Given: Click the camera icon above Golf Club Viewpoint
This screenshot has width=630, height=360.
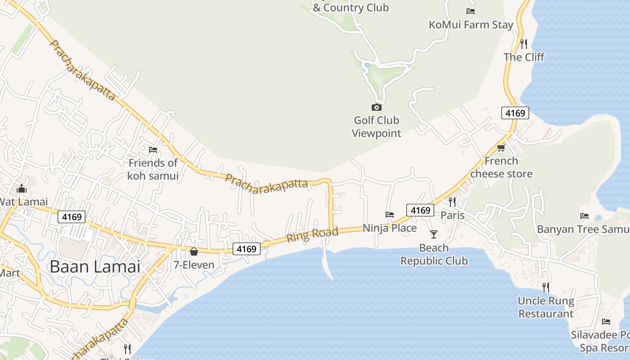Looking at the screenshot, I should tap(377, 107).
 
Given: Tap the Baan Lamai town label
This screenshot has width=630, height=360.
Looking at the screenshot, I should tap(95, 266).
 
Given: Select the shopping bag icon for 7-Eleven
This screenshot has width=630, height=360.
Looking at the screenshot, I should tap(194, 252).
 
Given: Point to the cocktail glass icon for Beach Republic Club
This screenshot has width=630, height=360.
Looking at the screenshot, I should tap(434, 234).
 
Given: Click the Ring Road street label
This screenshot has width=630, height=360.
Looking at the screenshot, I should tap(312, 234).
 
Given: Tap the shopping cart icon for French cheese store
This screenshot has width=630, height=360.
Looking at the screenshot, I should tap(501, 148).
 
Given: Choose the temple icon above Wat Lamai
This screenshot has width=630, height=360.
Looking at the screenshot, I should tap(22, 189).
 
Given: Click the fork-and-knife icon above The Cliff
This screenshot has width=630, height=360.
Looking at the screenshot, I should tap(524, 44).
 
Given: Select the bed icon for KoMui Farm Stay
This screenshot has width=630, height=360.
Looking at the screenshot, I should tap(471, 11).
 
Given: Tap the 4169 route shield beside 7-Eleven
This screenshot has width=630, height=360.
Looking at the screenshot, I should tap(247, 249).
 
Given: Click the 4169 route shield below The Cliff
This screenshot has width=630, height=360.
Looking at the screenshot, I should tap(515, 113).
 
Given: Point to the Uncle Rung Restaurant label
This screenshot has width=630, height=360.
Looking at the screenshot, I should tap(546, 307).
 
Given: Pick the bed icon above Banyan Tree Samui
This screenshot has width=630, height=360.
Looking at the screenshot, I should tap(585, 216).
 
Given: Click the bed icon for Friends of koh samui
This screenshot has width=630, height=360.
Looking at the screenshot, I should tap(153, 149).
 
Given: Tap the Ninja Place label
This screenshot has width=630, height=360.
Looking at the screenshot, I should tap(390, 228).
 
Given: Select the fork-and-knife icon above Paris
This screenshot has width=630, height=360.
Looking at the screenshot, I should tap(452, 202).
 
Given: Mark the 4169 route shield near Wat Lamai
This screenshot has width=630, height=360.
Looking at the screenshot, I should tap(72, 217).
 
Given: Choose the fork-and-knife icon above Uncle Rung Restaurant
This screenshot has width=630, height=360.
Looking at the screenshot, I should tap(546, 287).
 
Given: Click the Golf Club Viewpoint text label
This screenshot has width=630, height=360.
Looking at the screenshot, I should tap(377, 127).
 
